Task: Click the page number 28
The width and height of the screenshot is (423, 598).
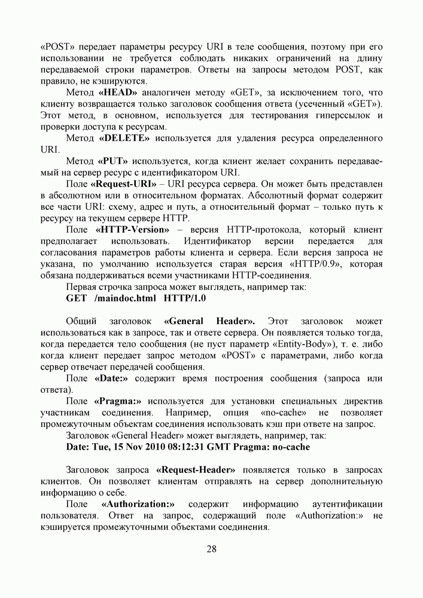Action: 211,550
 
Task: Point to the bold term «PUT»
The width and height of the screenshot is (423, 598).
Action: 112,161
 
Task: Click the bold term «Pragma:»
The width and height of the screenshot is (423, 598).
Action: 118,401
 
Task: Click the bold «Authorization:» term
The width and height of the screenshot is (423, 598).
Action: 138,504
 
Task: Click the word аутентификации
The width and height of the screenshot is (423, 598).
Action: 347,504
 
